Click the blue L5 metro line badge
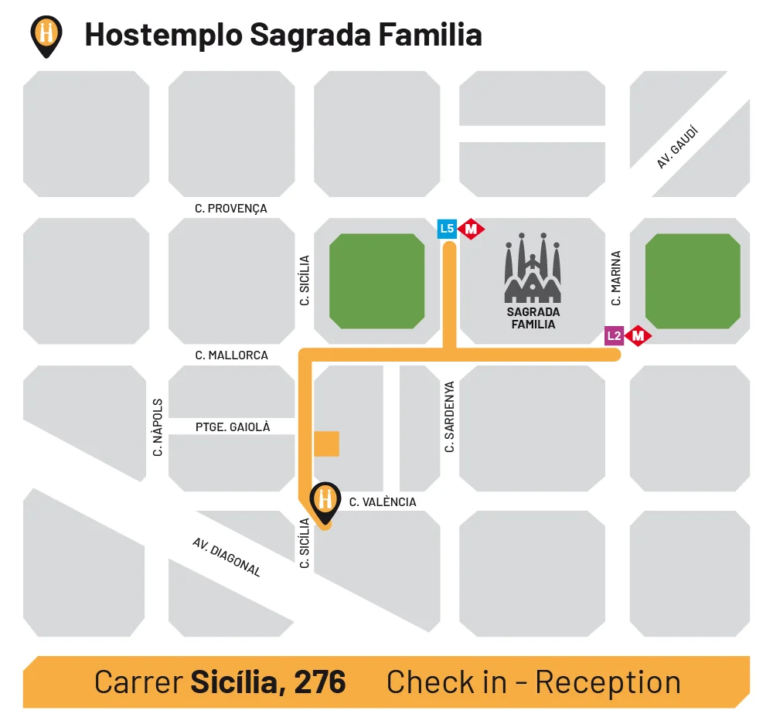(447, 229)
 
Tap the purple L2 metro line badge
(614, 335)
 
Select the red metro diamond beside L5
(472, 229)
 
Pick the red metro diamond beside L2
(638, 336)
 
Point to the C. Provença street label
(231, 209)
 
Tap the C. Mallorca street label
(232, 355)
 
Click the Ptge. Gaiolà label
(233, 427)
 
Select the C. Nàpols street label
(158, 427)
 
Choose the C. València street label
(383, 502)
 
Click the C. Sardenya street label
(449, 417)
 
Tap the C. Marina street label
(616, 277)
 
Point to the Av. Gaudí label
(677, 148)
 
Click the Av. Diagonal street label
(226, 557)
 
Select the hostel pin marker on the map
(325, 501)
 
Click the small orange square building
(326, 444)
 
